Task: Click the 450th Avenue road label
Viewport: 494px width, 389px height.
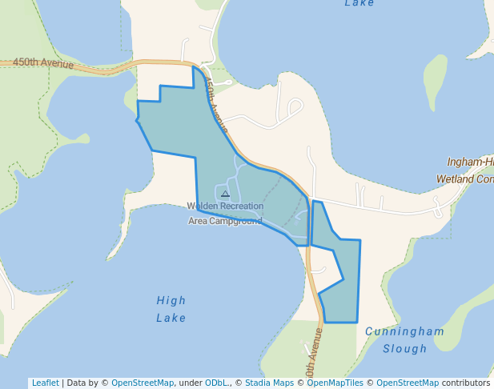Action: [x=43, y=64]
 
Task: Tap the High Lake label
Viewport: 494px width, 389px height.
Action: [x=171, y=309]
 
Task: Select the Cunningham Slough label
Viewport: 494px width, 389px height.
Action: [x=404, y=339]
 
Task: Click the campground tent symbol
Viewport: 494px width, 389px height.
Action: [x=225, y=194]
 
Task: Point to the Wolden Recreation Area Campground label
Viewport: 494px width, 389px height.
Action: [x=225, y=214]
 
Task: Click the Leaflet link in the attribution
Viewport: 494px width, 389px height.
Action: [x=45, y=383]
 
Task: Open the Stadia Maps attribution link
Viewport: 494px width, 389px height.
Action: [x=269, y=383]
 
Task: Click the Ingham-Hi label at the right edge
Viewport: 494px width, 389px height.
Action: [x=470, y=162]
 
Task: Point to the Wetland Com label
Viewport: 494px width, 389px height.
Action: [x=464, y=179]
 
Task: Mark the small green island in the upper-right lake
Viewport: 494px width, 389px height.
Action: [x=435, y=82]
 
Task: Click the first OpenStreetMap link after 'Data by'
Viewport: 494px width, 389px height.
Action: [x=142, y=383]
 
